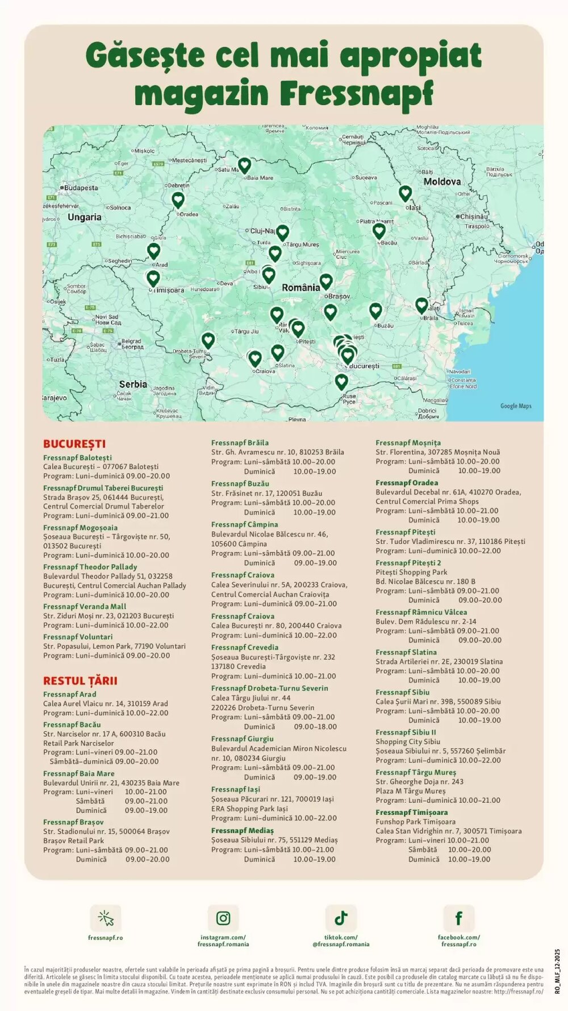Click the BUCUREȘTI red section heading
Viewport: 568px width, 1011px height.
(74, 444)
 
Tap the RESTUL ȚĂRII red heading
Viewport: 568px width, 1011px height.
(80, 681)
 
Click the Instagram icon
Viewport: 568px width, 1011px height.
(223, 918)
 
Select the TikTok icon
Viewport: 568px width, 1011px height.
(341, 918)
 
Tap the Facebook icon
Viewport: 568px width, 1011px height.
(458, 918)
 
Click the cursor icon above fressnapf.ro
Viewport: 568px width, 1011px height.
(106, 918)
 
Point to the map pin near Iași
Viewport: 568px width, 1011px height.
(405, 193)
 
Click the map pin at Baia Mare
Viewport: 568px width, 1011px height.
(244, 165)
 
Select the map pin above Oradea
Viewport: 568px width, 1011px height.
(178, 199)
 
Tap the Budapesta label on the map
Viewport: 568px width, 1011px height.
(81, 188)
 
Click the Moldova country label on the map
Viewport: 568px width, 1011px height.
(442, 182)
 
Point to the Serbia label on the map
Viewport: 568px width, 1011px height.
(133, 384)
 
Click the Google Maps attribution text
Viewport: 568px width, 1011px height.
(516, 406)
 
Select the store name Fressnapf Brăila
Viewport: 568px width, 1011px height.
(240, 443)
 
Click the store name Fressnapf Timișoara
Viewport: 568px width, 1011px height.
(411, 813)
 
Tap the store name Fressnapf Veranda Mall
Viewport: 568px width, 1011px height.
(85, 607)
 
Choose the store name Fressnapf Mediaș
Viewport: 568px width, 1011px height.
(242, 831)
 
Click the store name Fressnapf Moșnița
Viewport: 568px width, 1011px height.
(408, 443)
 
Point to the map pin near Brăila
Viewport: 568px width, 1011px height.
(421, 305)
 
